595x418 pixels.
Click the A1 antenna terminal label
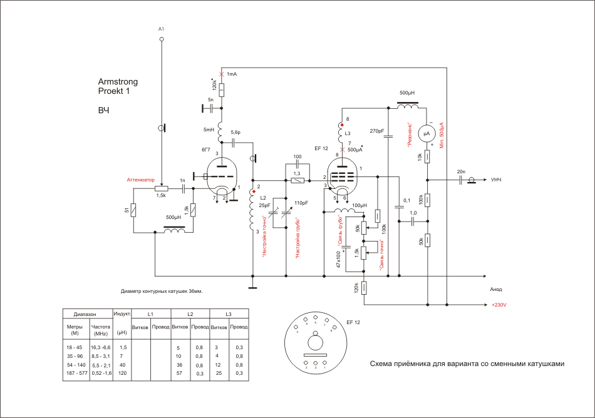161,29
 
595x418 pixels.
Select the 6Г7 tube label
206,150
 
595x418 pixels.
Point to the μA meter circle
427,133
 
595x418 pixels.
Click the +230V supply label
499,305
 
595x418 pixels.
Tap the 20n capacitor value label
461,171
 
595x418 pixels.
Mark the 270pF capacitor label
377,131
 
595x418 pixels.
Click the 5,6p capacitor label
235,133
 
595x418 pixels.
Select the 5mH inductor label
209,130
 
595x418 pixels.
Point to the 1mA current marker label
232,74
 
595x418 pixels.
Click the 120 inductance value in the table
123,373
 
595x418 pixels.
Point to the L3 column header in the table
229,313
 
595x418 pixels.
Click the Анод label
497,289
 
